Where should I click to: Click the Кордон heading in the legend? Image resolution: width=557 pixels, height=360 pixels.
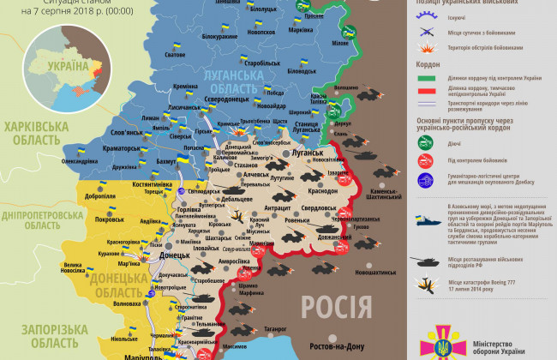(x=428, y=63)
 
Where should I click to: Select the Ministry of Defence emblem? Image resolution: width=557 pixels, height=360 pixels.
(x=444, y=340)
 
